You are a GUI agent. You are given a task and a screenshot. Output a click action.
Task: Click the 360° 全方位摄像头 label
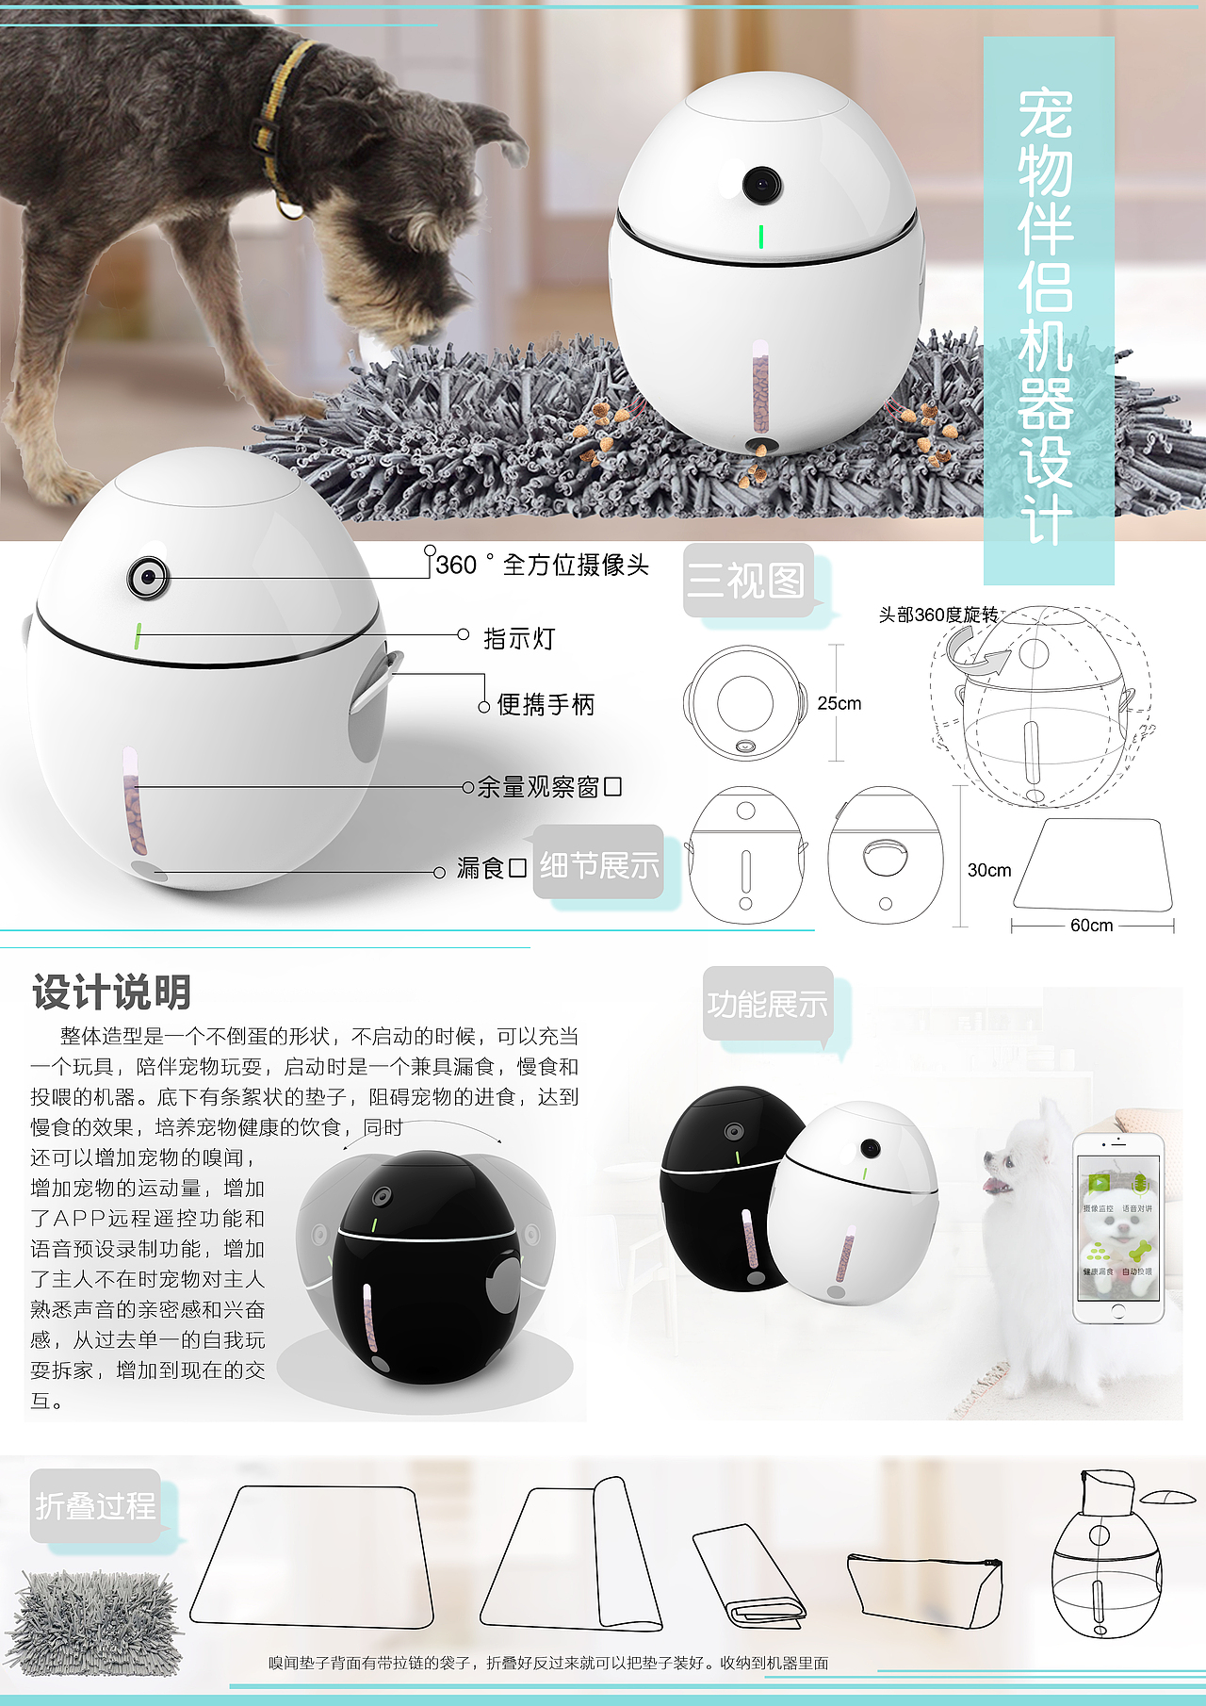click(543, 565)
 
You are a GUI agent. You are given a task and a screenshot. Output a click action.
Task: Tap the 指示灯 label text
click(519, 639)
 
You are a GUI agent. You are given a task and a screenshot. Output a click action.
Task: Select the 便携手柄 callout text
click(546, 704)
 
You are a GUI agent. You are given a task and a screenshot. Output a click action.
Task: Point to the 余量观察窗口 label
click(548, 787)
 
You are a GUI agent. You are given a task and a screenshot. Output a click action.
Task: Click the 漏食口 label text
click(491, 868)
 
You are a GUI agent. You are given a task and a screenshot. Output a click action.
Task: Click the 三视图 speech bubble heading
click(746, 580)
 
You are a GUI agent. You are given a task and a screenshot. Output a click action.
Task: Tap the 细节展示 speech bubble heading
click(599, 864)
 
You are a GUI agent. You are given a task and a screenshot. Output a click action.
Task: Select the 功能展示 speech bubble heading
click(768, 1004)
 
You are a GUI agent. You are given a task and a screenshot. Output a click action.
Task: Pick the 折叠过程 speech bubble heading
click(95, 1505)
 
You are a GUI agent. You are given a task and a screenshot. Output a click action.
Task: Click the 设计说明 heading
click(112, 992)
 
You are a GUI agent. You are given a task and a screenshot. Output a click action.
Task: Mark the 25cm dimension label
click(839, 703)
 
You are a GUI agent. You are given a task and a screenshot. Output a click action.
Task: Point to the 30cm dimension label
click(989, 870)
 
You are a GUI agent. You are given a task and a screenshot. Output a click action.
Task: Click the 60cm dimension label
click(1091, 926)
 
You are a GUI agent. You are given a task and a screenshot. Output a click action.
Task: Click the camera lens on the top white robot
click(761, 185)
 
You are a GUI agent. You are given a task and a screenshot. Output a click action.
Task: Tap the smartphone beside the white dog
click(1117, 1227)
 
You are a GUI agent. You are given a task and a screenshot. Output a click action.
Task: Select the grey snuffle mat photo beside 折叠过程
click(94, 1621)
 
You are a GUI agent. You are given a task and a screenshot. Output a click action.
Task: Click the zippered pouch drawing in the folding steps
click(923, 1588)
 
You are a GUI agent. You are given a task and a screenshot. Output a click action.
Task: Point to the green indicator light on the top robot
click(760, 237)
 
